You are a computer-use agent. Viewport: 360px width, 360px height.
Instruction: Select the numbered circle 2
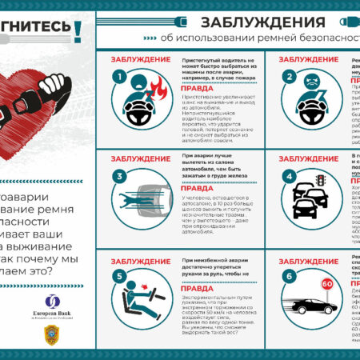(289, 77)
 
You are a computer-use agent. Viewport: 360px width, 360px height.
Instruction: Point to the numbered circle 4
(289, 176)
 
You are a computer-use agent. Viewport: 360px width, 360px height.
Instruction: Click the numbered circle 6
(289, 278)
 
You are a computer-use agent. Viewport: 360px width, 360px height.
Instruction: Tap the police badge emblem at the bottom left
(51, 339)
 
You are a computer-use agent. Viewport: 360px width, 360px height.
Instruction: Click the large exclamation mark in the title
(78, 30)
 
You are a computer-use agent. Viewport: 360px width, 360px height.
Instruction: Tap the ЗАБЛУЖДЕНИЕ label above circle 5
(140, 262)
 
